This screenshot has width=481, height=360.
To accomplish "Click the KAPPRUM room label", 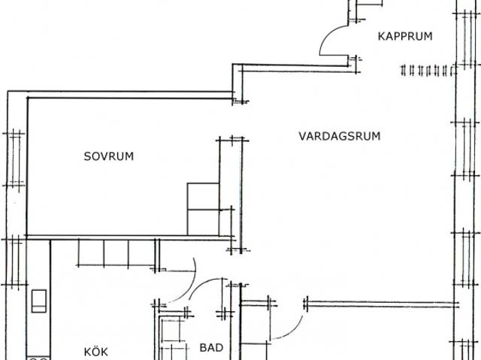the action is pyautogui.click(x=405, y=36).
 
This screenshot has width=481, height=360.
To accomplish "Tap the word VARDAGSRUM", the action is pyautogui.click(x=340, y=136).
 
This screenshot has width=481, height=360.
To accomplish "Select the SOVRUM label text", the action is pyautogui.click(x=109, y=156).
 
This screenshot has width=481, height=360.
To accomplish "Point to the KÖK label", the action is pyautogui.click(x=96, y=352).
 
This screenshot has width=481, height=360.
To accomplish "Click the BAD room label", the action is pyautogui.click(x=211, y=348).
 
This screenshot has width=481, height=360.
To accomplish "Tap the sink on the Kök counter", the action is pyautogui.click(x=39, y=301).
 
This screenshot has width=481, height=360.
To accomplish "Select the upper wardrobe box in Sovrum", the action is pyautogui.click(x=203, y=196).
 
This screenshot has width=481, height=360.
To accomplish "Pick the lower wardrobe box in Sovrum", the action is pyautogui.click(x=203, y=222).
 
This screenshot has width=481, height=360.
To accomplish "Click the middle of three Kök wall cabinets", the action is pyautogui.click(x=116, y=253).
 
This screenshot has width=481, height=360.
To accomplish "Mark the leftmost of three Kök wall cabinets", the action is pyautogui.click(x=91, y=253).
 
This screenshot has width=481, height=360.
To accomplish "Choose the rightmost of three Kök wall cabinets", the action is pyautogui.click(x=141, y=253).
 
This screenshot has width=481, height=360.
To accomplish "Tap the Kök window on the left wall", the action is pyautogui.click(x=14, y=262).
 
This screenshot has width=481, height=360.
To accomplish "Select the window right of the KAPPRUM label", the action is pyautogui.click(x=467, y=38).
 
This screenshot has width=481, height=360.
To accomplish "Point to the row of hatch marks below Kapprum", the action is pyautogui.click(x=428, y=71).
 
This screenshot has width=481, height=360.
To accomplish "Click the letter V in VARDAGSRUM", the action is pyautogui.click(x=303, y=136).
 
